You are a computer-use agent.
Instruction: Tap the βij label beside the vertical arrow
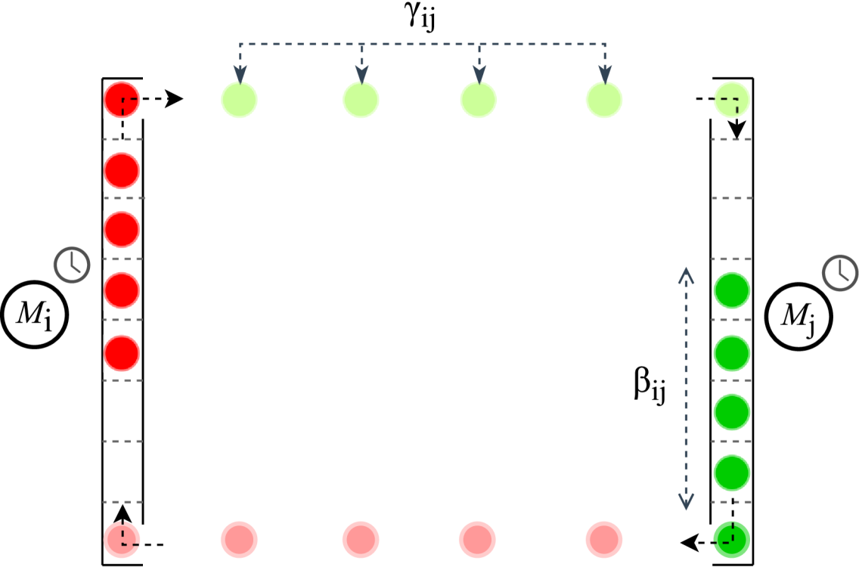(650, 383)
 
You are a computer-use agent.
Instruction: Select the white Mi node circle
(35, 316)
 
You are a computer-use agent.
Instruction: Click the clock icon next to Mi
(72, 264)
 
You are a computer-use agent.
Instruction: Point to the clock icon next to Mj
(840, 272)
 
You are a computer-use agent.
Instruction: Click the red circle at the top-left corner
(122, 99)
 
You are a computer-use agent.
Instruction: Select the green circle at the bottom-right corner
(731, 538)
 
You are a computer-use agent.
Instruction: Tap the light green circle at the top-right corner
(732, 100)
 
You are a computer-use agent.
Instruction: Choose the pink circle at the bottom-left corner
(122, 538)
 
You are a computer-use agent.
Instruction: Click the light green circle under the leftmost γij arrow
(239, 100)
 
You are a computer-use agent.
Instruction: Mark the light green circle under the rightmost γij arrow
(603, 100)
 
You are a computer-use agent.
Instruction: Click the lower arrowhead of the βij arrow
(686, 502)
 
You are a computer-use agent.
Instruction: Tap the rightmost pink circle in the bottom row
(603, 539)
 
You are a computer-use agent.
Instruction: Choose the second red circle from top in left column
(122, 170)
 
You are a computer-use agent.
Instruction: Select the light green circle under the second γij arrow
(361, 100)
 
